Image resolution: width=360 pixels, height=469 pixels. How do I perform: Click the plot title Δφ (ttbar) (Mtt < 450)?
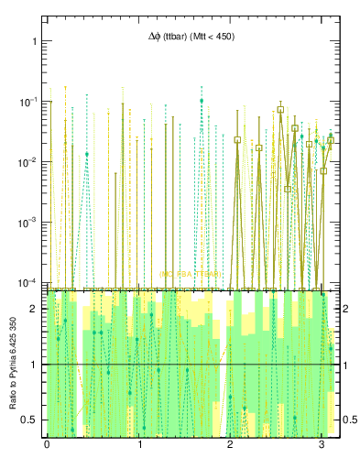(191, 38)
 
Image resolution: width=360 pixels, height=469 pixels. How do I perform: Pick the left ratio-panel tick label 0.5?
(30, 420)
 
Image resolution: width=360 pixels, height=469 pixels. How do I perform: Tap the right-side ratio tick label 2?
(346, 309)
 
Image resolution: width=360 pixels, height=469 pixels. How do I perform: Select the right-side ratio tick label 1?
(346, 365)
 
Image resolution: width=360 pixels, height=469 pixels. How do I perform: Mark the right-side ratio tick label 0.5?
(349, 420)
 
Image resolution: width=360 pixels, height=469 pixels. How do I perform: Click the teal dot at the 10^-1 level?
(202, 101)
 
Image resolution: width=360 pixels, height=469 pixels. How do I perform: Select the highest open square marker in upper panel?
(280, 109)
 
